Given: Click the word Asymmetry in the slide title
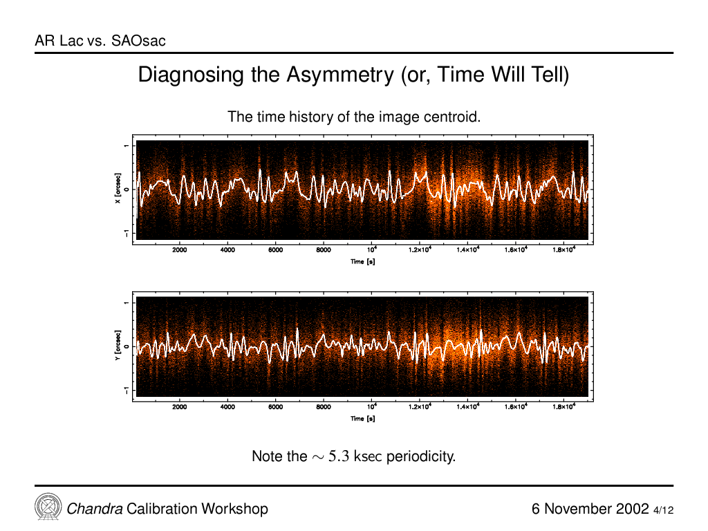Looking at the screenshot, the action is [x=339, y=75].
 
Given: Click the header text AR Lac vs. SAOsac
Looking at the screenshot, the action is [x=100, y=41].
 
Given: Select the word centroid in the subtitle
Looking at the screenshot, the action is [x=452, y=117].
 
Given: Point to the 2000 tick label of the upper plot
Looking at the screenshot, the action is [x=179, y=250].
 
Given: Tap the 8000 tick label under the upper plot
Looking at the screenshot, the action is [x=324, y=250].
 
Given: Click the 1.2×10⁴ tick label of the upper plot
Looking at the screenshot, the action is [x=420, y=249].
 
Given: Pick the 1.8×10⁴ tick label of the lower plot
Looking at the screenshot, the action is [x=564, y=407].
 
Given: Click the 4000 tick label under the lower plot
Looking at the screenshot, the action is [x=227, y=407].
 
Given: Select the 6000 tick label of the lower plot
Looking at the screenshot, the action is [x=275, y=407].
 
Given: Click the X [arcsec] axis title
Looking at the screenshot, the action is [x=118, y=188].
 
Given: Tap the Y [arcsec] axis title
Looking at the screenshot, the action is [x=118, y=346].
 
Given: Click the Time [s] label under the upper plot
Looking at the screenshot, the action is [x=362, y=261].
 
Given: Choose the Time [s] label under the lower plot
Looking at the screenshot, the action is [x=362, y=418].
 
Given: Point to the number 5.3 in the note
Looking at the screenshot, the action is [x=339, y=456].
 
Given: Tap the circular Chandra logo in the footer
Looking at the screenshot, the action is [x=48, y=507].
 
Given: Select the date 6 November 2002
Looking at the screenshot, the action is [x=590, y=509].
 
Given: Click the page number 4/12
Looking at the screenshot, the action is [x=663, y=510].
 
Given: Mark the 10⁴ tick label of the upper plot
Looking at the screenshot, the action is [x=372, y=249].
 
